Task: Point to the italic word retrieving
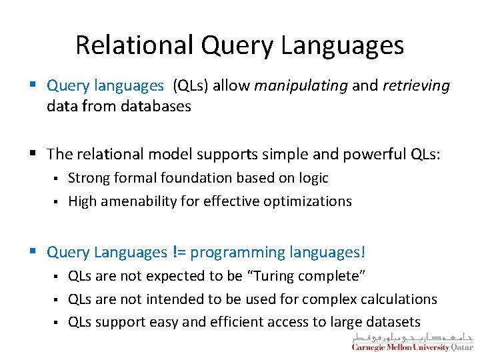pos(416,86)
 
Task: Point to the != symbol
pos(180,253)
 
